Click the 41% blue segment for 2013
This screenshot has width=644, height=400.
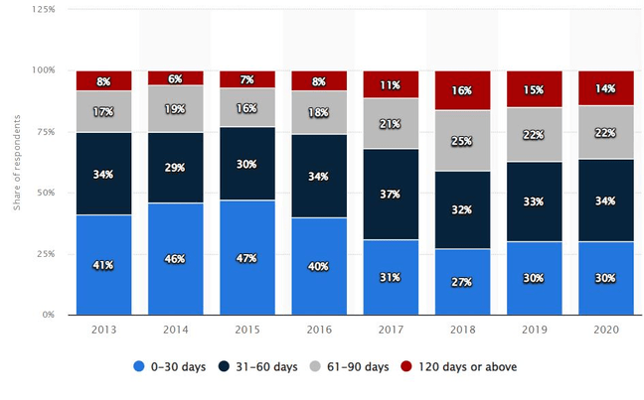(x=103, y=264)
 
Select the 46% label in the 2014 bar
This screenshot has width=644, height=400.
(x=176, y=258)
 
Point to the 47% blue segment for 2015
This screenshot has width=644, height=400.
(x=247, y=257)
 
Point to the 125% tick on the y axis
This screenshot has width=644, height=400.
(x=43, y=9)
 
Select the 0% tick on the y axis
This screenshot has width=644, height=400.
(x=49, y=315)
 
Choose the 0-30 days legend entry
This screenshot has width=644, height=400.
(x=170, y=367)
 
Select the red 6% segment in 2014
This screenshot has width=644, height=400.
(x=176, y=77)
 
